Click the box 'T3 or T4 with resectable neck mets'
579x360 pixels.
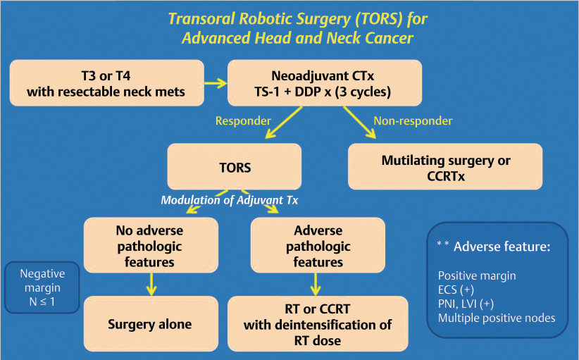point(107,82)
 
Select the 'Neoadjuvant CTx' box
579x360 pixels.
point(325,82)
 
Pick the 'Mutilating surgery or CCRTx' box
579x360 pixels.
point(446,167)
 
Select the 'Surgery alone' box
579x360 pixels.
point(149,325)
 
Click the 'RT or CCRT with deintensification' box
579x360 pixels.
point(318,325)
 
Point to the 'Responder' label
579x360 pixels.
point(244,121)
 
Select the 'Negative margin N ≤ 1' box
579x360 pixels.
point(41,287)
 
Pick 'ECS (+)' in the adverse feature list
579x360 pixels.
point(456,290)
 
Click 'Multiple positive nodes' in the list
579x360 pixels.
point(496,318)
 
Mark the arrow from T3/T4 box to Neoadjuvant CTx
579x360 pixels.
point(216,83)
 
